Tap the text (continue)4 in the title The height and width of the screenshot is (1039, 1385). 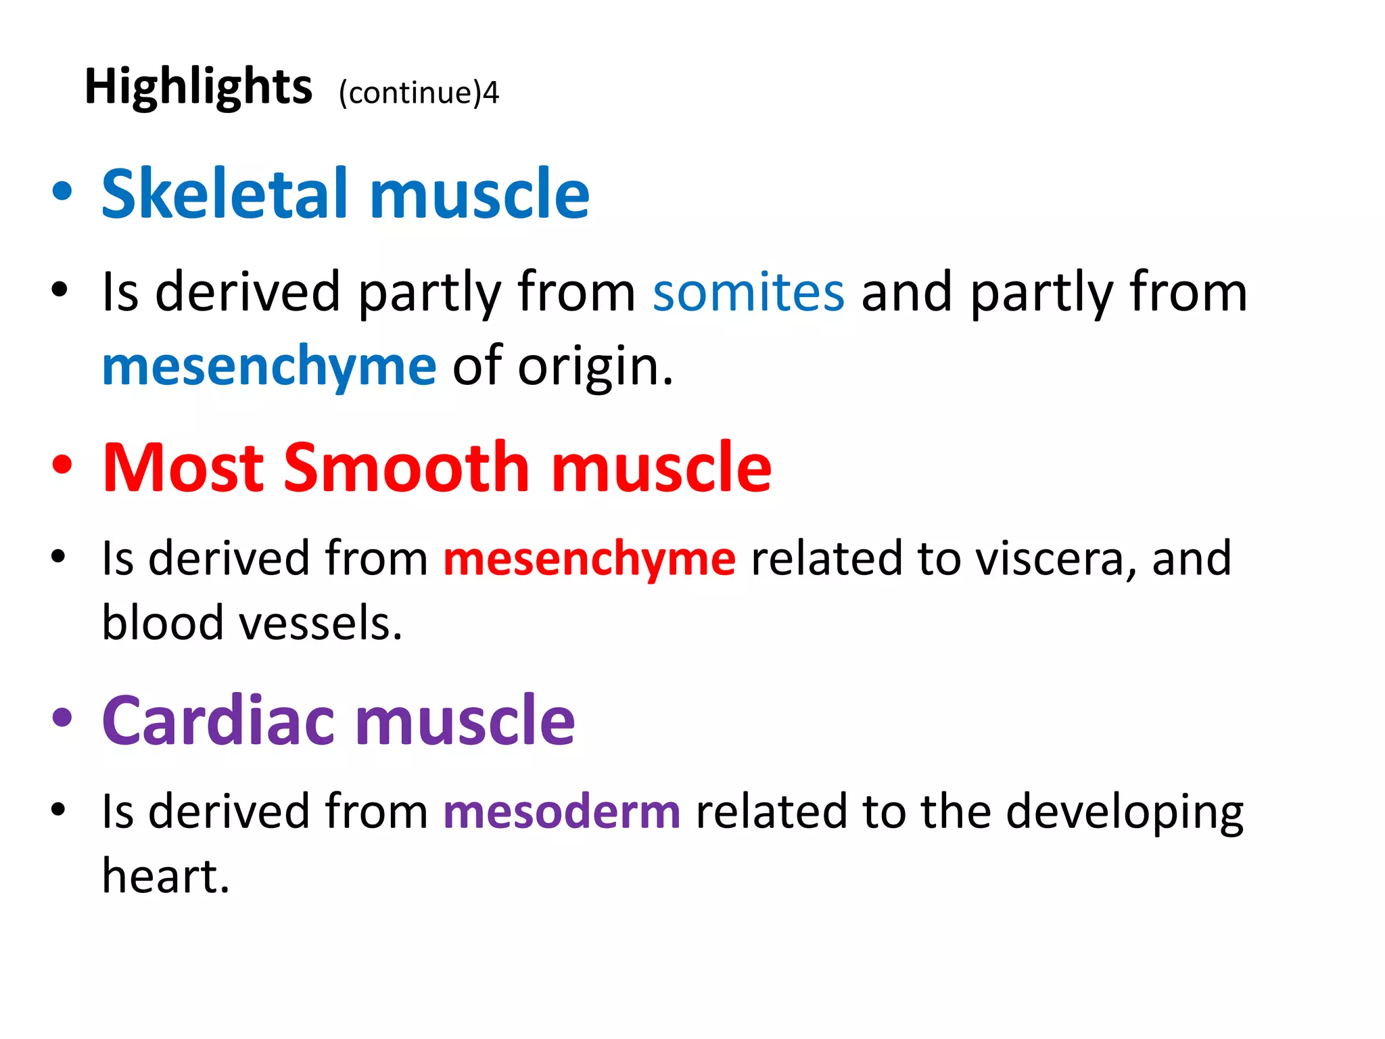tap(419, 93)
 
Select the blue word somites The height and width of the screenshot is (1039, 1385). tap(749, 292)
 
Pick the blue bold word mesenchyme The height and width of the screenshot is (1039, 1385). tap(269, 366)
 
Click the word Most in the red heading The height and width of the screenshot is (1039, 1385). tap(183, 467)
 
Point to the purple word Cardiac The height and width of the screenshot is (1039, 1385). tap(218, 721)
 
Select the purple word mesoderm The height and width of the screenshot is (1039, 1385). tap(562, 811)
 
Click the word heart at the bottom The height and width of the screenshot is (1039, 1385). tap(166, 876)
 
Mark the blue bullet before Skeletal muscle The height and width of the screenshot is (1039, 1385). tap(62, 191)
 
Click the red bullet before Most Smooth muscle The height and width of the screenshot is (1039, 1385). tap(62, 465)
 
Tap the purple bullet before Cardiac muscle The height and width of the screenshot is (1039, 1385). tap(62, 718)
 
